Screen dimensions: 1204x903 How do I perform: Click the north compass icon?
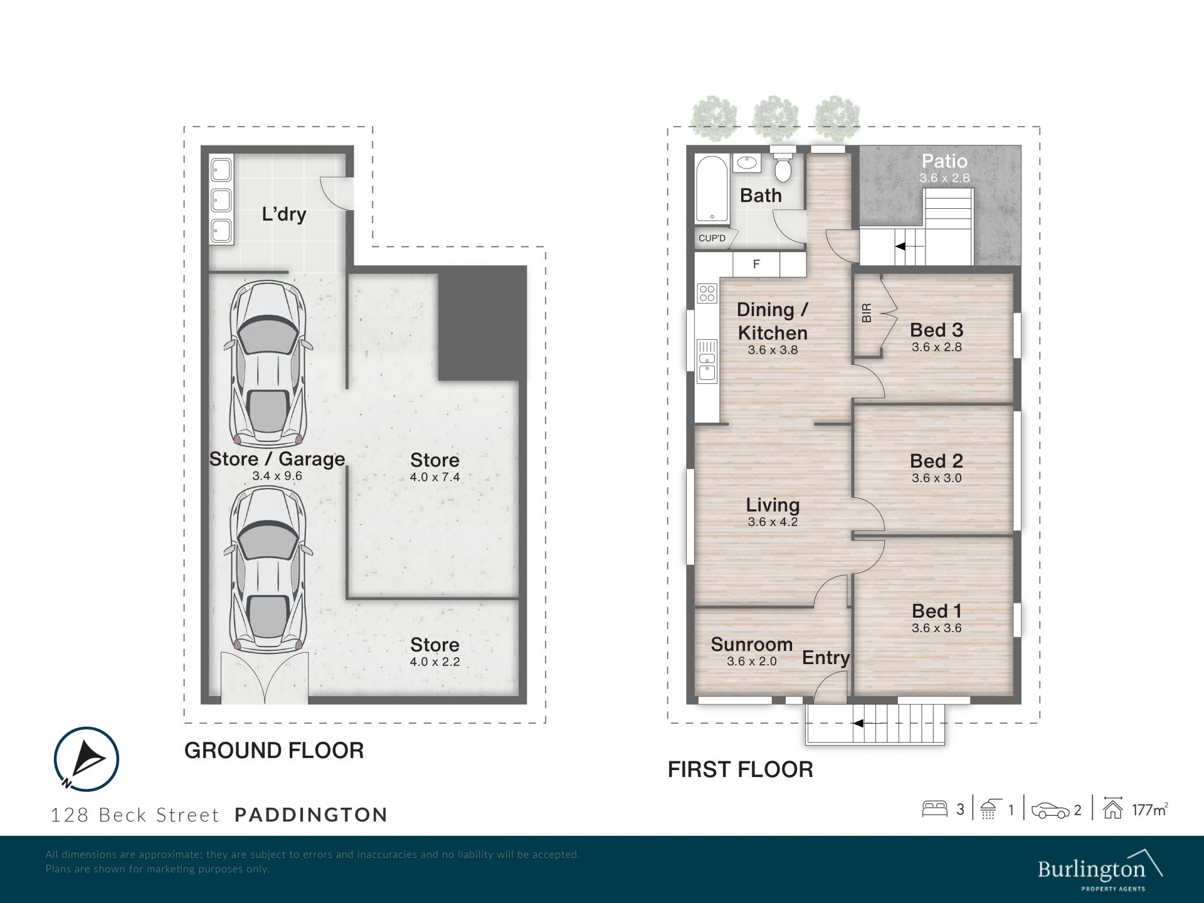click(86, 759)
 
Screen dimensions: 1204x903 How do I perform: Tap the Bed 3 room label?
click(936, 330)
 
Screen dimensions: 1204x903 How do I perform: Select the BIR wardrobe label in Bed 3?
click(867, 313)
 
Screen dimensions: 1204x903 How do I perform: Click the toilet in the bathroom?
click(783, 166)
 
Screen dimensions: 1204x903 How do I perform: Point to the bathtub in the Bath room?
click(712, 189)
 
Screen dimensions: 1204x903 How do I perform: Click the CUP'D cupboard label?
click(712, 238)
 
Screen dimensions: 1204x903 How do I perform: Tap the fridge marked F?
click(756, 264)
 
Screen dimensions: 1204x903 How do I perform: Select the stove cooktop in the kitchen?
click(707, 293)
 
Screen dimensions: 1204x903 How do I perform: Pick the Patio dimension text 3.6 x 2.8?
click(944, 178)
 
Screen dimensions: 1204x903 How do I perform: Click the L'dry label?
click(283, 214)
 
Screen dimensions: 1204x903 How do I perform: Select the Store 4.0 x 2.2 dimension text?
click(435, 662)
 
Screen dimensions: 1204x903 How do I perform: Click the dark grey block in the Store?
click(482, 323)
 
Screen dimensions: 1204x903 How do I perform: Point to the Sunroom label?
click(751, 644)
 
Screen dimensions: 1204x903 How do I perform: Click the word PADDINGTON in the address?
click(311, 815)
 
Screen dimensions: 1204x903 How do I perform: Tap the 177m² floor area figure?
click(1149, 810)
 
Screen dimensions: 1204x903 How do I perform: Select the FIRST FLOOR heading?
click(740, 769)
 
